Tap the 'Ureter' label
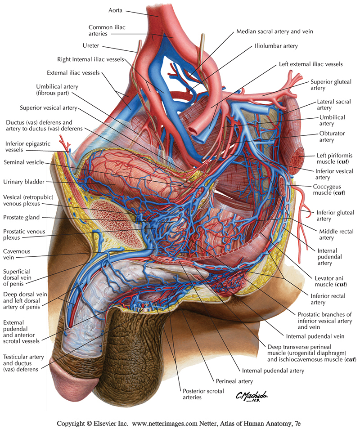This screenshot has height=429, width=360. coord(91,45)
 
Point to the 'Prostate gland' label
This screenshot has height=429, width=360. coord(22,217)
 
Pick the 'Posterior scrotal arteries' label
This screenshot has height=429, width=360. coord(202,394)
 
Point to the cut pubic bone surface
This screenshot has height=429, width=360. coord(117,222)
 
